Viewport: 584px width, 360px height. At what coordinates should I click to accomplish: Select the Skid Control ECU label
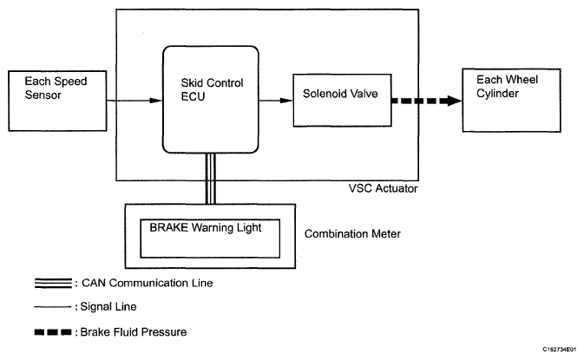point(212,89)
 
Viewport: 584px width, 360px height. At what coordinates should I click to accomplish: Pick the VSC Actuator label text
point(384,188)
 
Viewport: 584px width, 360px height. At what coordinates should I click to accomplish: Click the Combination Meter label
point(352,234)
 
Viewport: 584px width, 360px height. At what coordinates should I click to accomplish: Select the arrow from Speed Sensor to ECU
point(135,101)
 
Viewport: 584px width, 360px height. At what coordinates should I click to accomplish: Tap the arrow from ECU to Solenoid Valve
point(276,101)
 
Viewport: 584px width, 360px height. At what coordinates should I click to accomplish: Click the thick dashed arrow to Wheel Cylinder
point(427,101)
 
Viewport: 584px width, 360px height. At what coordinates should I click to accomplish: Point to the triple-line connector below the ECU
point(211,179)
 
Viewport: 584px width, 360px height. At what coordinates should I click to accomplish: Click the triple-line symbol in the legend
point(53,284)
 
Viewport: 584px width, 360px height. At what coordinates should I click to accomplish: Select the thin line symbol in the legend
point(53,307)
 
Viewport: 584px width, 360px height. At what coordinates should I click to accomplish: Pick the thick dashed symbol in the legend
point(53,332)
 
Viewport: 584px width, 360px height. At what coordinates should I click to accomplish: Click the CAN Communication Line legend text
point(148,283)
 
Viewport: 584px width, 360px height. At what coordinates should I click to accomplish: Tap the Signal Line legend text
point(108,307)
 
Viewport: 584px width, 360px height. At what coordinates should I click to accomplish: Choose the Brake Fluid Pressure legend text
point(134,331)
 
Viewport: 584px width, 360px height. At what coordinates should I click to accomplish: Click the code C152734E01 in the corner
point(560,350)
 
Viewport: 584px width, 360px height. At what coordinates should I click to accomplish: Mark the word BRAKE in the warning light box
point(168,227)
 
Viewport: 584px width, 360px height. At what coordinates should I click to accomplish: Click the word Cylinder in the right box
point(497,94)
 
